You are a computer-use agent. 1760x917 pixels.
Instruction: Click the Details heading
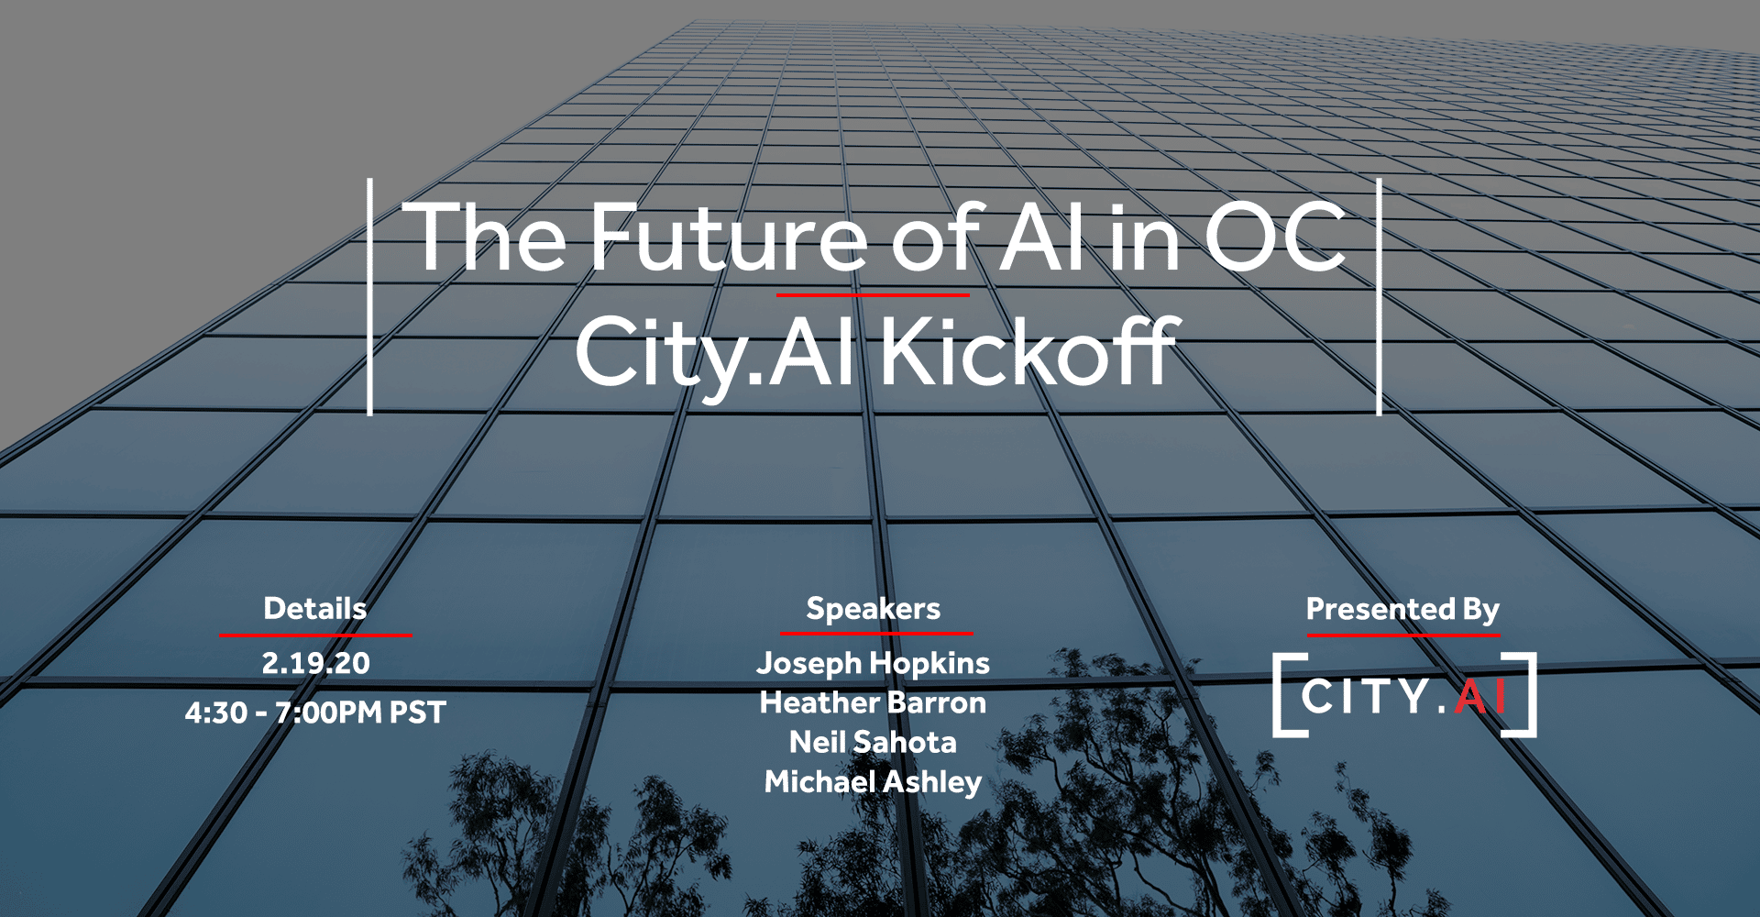point(315,609)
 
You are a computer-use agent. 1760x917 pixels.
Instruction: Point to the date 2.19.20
point(315,663)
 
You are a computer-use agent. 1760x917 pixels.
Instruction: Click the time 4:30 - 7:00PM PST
point(315,713)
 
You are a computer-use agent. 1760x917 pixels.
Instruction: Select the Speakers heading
point(874,610)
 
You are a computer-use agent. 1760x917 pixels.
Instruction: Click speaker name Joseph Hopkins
point(874,664)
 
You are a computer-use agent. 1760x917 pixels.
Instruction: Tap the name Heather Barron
point(874,702)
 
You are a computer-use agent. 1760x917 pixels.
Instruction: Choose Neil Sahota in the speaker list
point(874,742)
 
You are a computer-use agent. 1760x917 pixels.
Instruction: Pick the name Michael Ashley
point(874,782)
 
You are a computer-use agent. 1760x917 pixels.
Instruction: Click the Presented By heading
point(1403,610)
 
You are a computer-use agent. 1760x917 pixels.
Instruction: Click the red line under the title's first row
point(873,294)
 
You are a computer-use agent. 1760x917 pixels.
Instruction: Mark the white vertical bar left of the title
point(370,297)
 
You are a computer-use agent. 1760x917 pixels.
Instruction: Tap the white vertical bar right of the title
point(1379,297)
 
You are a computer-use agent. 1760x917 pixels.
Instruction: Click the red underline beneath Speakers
point(876,633)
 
